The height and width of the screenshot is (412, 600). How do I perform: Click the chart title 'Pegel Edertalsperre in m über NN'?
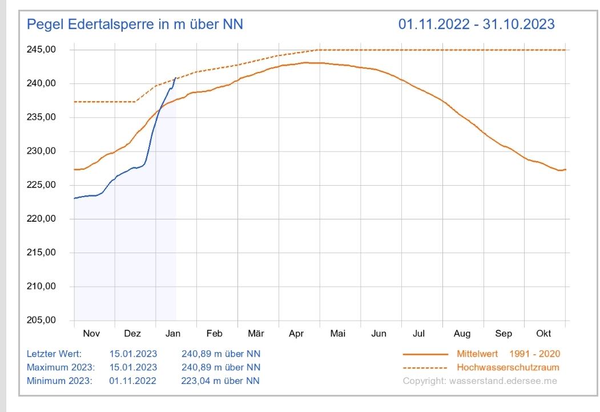pyautogui.click(x=135, y=25)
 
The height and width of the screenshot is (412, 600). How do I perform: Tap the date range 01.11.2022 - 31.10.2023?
pyautogui.click(x=476, y=25)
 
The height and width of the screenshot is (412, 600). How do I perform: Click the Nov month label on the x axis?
pyautogui.click(x=91, y=334)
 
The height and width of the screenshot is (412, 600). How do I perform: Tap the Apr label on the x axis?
pyautogui.click(x=296, y=334)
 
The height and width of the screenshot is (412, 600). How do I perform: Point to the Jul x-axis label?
pyautogui.click(x=419, y=334)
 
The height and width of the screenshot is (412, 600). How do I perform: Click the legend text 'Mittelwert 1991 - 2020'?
pyautogui.click(x=508, y=354)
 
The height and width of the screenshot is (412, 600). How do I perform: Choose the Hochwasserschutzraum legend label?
pyautogui.click(x=508, y=367)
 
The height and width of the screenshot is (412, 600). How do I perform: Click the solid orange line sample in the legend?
pyautogui.click(x=425, y=354)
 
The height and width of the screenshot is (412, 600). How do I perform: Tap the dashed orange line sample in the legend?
pyautogui.click(x=425, y=367)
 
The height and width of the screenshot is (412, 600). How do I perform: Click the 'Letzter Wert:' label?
pyautogui.click(x=54, y=354)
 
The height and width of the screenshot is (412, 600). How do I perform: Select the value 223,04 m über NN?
pyautogui.click(x=221, y=381)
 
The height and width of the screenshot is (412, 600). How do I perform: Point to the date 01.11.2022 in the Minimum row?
pyautogui.click(x=133, y=381)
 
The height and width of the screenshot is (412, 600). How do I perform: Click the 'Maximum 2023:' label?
pyautogui.click(x=61, y=367)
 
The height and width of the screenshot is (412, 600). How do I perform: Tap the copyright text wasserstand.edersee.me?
pyautogui.click(x=480, y=381)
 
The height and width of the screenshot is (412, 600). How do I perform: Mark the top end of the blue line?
pyautogui.click(x=175, y=78)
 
